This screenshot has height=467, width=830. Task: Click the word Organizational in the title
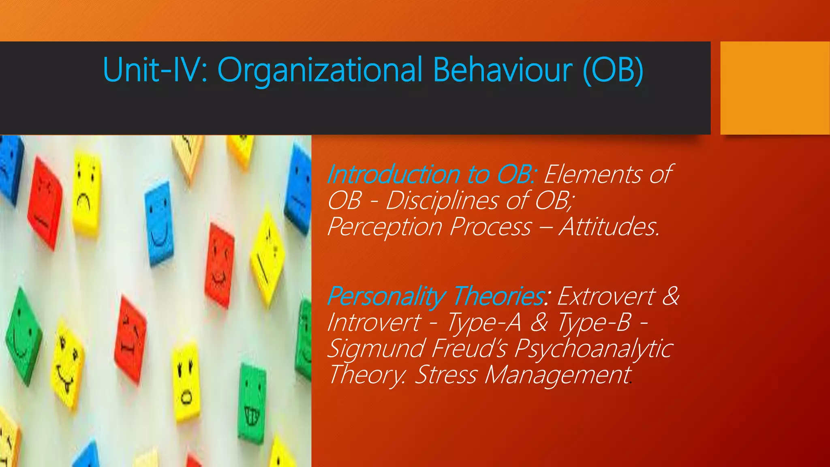(320, 70)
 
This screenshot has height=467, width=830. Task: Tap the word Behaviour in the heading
(503, 70)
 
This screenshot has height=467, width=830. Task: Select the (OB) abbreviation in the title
(612, 70)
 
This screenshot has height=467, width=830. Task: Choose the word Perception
(384, 227)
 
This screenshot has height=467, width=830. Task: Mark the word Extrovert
(606, 296)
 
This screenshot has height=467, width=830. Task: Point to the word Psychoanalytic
(594, 348)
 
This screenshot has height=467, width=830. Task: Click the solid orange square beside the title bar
(774, 88)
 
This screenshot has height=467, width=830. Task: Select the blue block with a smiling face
(159, 223)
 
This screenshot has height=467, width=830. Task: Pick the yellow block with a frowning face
(86, 195)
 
